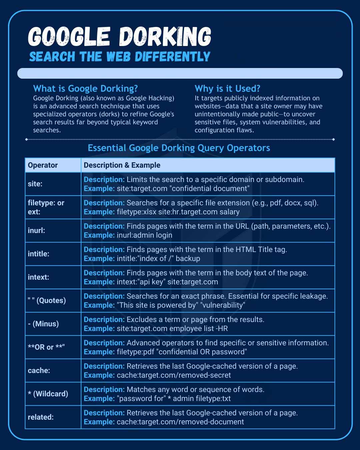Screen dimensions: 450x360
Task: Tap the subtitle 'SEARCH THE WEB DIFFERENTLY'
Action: (x=120, y=57)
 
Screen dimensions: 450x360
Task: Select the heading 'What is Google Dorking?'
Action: (x=85, y=89)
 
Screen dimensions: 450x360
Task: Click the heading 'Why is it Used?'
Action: (x=227, y=89)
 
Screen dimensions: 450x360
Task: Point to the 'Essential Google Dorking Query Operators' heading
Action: (x=179, y=148)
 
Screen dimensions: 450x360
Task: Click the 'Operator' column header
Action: (x=43, y=165)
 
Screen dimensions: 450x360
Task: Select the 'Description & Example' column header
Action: (x=122, y=165)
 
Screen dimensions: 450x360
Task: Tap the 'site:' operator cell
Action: (x=35, y=184)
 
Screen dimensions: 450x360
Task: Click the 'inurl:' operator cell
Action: (x=36, y=231)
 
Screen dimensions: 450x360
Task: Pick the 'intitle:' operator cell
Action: (x=38, y=254)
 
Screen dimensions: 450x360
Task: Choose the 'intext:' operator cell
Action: (x=38, y=277)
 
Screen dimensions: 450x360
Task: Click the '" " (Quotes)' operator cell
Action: (x=47, y=301)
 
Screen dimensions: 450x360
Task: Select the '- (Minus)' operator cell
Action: (x=43, y=324)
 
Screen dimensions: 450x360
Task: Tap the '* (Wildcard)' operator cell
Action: (x=48, y=394)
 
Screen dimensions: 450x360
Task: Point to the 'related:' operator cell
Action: (x=41, y=417)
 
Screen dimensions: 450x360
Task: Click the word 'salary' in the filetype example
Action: (x=229, y=212)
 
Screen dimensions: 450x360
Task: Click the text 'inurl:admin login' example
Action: (x=144, y=235)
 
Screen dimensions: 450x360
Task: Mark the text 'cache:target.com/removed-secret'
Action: (x=174, y=375)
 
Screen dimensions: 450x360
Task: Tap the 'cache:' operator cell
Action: (x=39, y=371)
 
